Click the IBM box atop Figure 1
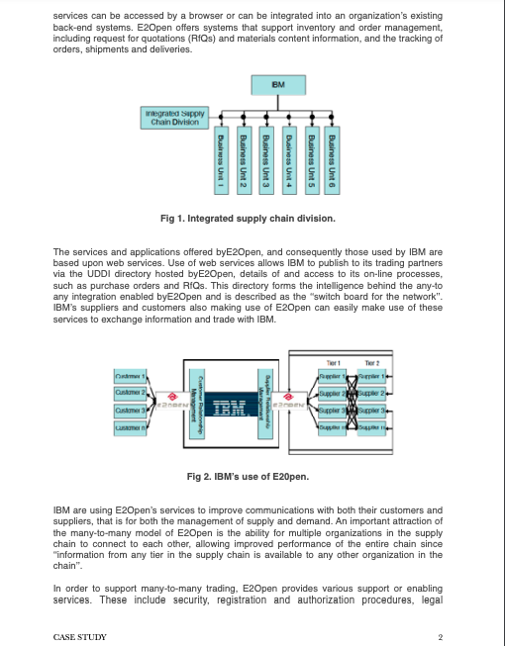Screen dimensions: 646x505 click(278, 86)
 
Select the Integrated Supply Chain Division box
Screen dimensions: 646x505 click(174, 118)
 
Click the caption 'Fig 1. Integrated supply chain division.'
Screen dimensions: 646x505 click(248, 218)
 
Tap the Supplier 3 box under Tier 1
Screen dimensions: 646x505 click(333, 409)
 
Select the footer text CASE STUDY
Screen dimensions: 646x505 click(80, 637)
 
